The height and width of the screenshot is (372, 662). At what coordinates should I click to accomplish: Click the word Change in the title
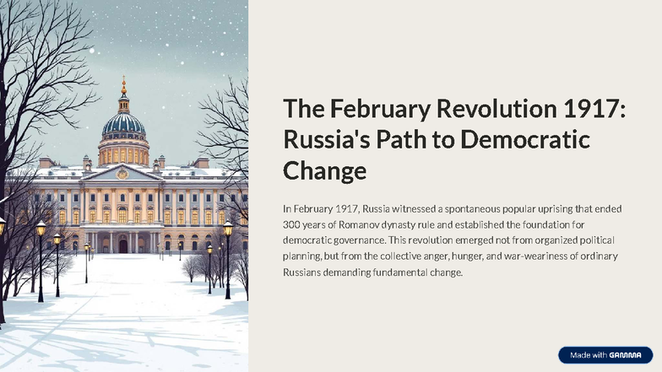coord(324,171)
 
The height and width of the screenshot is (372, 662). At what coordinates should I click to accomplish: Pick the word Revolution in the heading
coord(487,110)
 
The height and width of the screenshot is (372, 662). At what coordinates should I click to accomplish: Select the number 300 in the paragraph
coord(292,224)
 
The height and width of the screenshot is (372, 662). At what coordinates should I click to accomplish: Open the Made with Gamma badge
coord(605,355)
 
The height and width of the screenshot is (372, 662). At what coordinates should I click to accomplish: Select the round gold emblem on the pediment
coord(123,174)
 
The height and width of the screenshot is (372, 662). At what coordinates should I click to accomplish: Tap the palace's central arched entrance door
coord(123,245)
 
